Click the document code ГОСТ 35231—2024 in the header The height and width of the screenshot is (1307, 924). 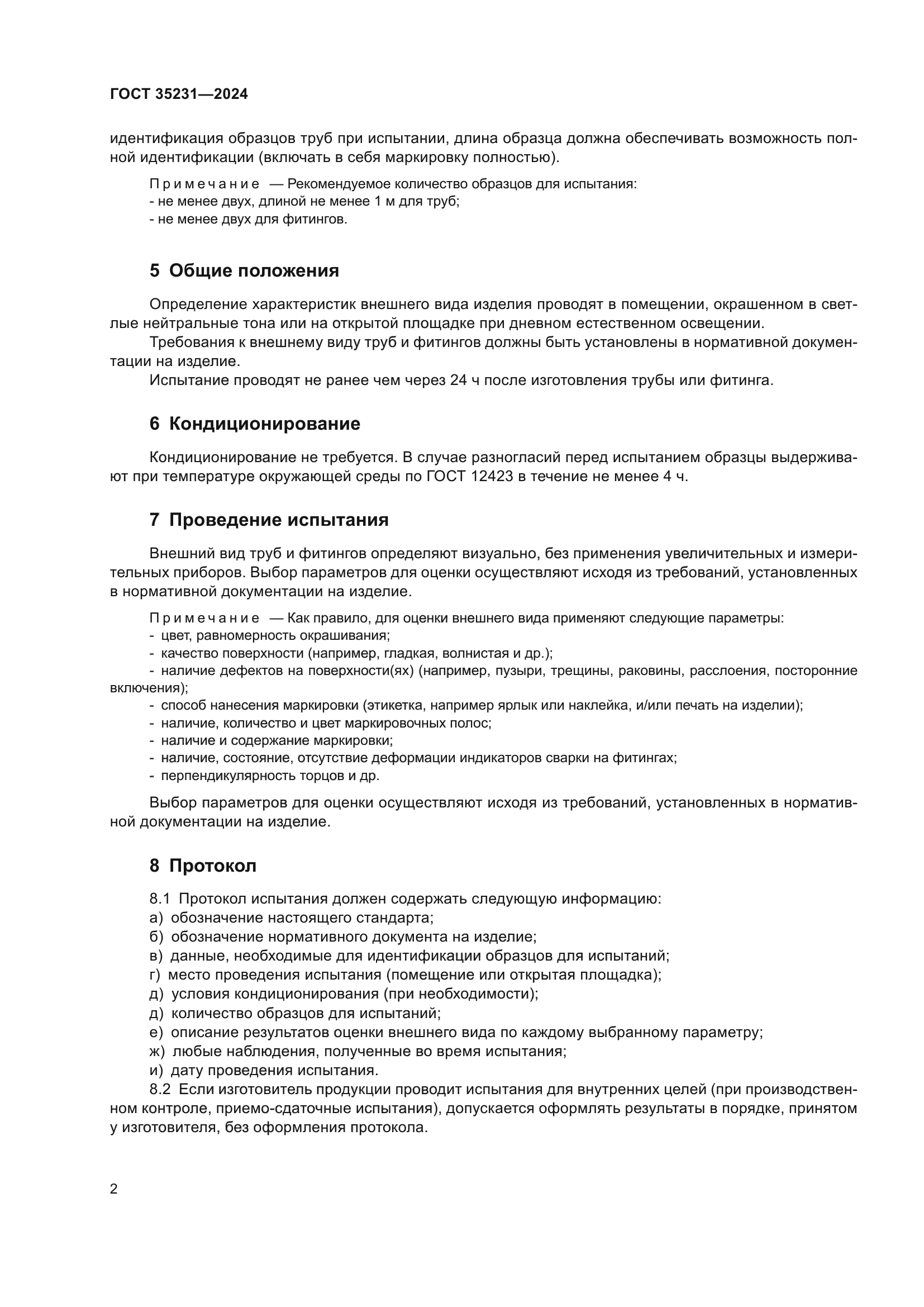[179, 94]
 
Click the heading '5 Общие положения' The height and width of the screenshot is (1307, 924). [244, 270]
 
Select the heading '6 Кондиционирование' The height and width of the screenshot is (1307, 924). [255, 424]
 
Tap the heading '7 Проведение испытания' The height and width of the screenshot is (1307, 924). [269, 520]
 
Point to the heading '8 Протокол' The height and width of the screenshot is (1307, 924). [203, 866]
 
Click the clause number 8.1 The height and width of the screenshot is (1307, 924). [160, 899]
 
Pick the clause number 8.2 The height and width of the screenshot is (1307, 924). [160, 1090]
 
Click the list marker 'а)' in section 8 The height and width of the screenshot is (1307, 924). [156, 918]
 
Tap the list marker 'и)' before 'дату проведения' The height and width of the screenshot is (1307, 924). [156, 1070]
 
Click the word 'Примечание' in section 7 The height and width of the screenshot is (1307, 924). [204, 618]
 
